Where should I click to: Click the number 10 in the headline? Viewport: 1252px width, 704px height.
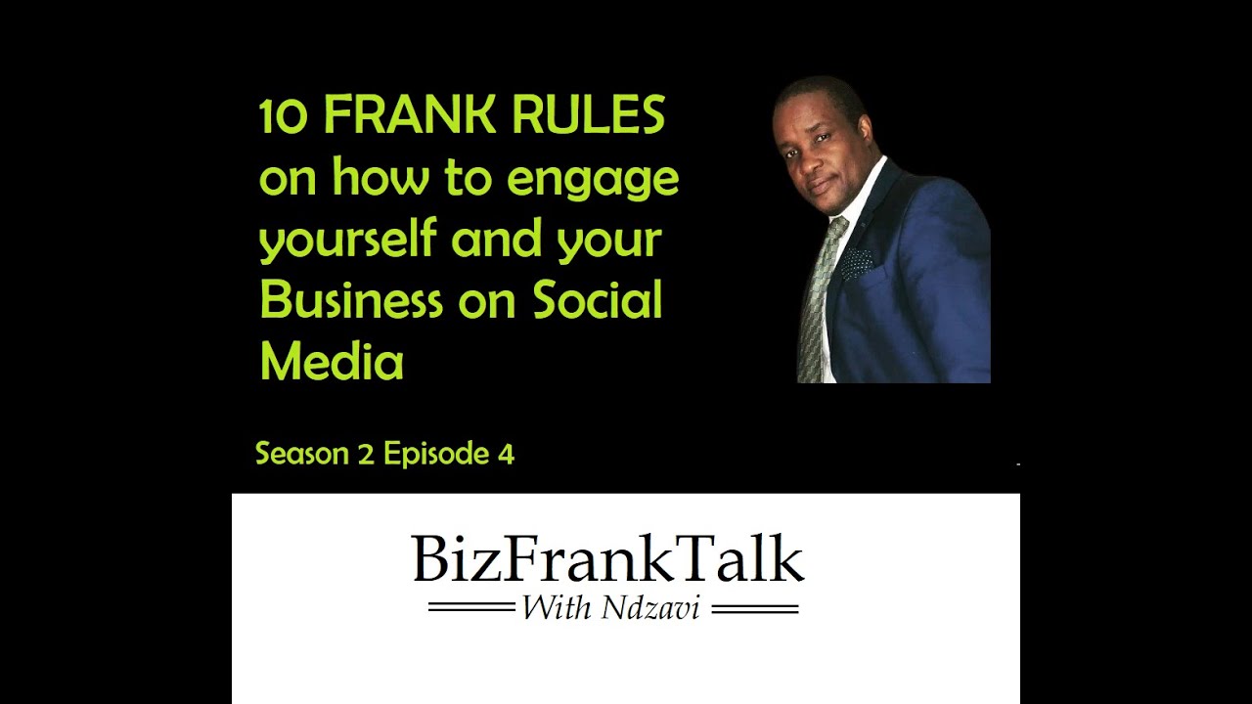tap(284, 117)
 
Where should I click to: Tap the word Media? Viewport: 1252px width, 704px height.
tap(332, 361)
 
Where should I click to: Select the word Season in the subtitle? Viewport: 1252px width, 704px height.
tap(301, 454)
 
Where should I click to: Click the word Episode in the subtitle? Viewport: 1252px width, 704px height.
tap(435, 455)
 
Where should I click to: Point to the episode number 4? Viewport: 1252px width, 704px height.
tap(506, 454)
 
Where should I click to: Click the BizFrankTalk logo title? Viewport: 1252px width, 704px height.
tap(607, 559)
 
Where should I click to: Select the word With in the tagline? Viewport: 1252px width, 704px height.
tap(557, 608)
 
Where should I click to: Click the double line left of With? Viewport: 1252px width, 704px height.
tap(471, 609)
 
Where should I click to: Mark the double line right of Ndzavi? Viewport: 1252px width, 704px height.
tap(754, 609)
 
